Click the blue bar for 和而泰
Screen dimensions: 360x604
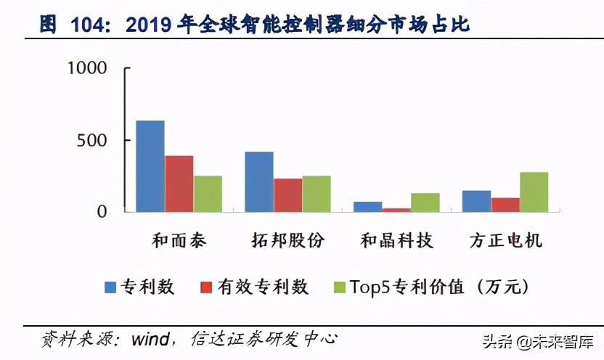(x=150, y=166)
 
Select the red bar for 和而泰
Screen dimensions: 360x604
(x=179, y=184)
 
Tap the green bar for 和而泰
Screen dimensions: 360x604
(x=208, y=194)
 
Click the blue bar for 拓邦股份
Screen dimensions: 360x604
(x=259, y=181)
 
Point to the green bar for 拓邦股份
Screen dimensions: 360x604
(x=317, y=194)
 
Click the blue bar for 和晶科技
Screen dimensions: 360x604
(x=367, y=207)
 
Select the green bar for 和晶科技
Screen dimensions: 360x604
(x=425, y=202)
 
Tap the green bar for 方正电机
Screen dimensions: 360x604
(x=534, y=192)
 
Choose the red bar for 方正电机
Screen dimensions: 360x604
(x=505, y=205)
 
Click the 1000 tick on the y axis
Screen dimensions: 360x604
(x=86, y=68)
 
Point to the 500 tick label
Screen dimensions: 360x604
(x=93, y=140)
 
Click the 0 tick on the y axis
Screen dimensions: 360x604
(x=102, y=212)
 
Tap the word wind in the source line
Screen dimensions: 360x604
(x=150, y=338)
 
